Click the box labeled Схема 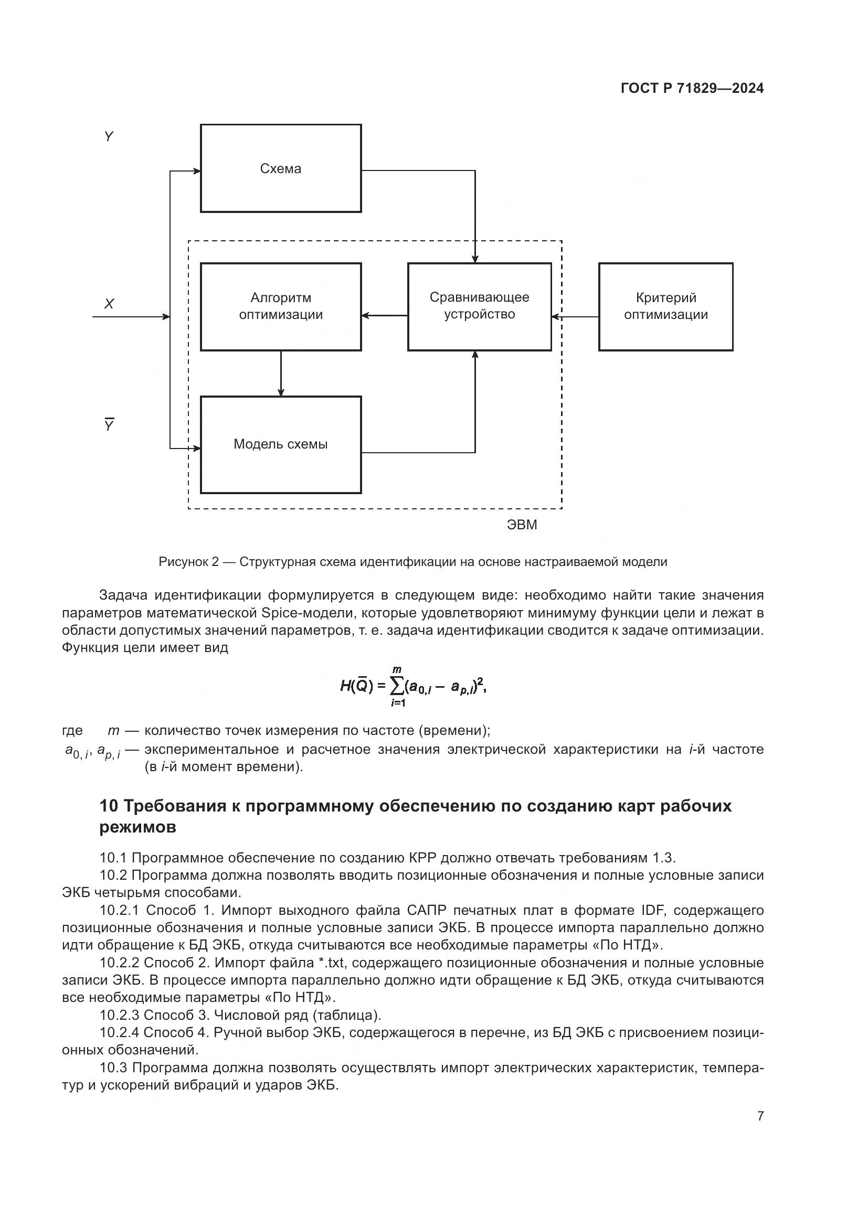point(281,168)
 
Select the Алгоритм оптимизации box point(281,306)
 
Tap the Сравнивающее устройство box point(479,306)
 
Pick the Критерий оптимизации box point(665,306)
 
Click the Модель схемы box point(281,444)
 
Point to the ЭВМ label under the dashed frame point(522,525)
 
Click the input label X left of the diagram point(109,304)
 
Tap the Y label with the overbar point(109,425)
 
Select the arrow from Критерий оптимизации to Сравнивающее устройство point(575,317)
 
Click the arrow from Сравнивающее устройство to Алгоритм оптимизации point(384,315)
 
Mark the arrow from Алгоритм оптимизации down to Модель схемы point(281,373)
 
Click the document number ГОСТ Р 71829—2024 point(692,88)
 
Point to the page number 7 point(760,1116)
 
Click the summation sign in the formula point(397,686)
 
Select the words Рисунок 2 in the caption point(189,562)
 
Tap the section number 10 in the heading point(110,805)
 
